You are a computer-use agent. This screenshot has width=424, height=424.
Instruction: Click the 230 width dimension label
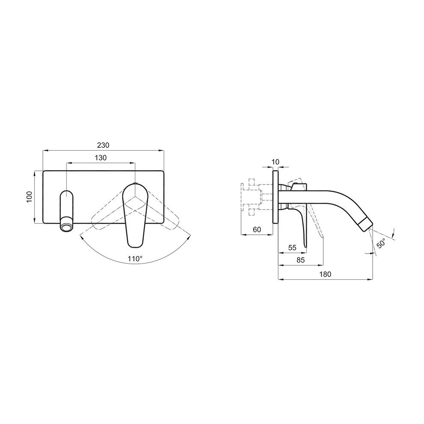103,145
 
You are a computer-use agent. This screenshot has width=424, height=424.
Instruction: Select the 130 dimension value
101,158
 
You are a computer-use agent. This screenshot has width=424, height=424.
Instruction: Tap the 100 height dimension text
30,197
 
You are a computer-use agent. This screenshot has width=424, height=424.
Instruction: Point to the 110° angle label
135,259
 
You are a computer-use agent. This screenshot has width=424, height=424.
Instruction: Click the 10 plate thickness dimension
275,162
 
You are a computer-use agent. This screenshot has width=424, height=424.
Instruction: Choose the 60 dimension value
257,230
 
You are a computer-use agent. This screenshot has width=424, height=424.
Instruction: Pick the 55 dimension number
293,248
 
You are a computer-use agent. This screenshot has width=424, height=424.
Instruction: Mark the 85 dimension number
300,260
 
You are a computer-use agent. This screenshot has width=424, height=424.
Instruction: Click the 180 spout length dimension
325,275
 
